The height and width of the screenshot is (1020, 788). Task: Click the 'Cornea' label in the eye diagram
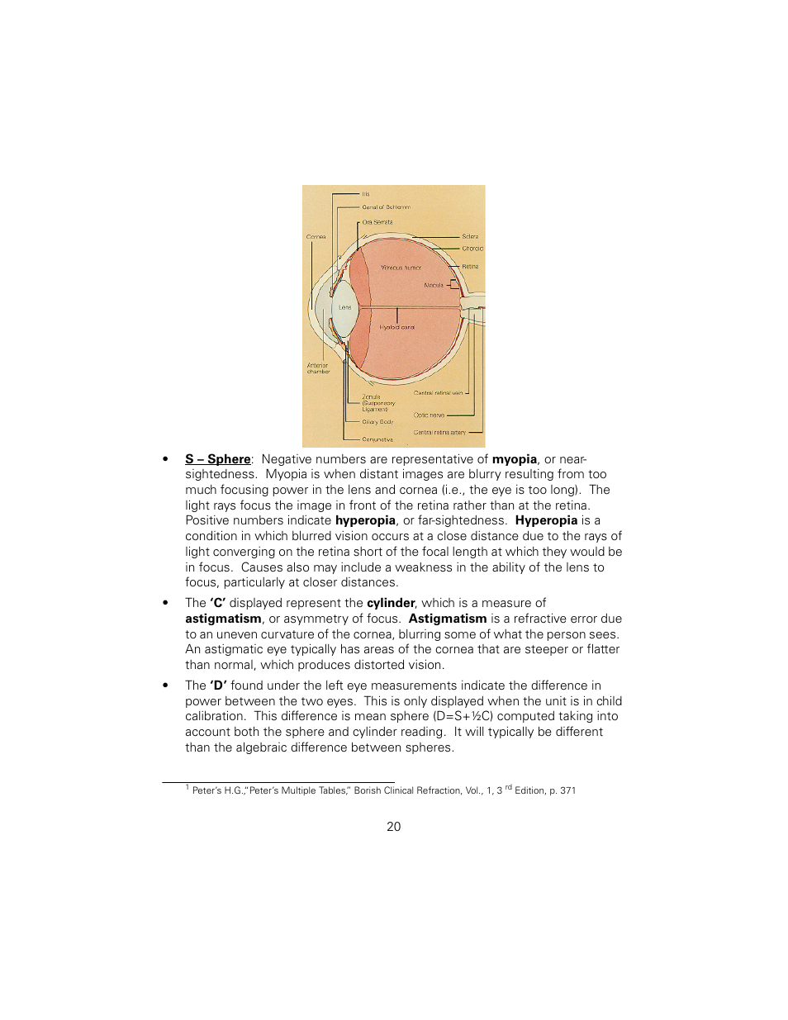316,237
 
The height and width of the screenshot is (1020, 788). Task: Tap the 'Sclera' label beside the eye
470,237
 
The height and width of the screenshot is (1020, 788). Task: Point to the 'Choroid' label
472,249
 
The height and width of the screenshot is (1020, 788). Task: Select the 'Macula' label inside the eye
434,285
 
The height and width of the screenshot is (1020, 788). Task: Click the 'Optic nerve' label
429,415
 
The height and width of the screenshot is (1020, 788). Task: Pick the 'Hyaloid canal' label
396,327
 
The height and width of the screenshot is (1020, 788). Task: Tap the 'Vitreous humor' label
401,268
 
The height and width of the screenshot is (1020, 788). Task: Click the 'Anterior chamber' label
318,368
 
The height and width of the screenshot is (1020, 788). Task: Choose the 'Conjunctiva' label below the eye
377,439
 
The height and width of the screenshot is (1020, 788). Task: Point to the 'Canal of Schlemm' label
386,207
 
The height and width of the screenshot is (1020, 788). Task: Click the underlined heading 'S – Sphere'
218,459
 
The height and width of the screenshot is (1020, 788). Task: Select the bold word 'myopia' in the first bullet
515,459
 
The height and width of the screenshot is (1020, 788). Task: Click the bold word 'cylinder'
391,603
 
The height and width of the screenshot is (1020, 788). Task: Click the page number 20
394,827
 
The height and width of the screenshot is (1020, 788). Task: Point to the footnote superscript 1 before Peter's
188,788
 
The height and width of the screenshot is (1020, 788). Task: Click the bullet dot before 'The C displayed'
166,604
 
